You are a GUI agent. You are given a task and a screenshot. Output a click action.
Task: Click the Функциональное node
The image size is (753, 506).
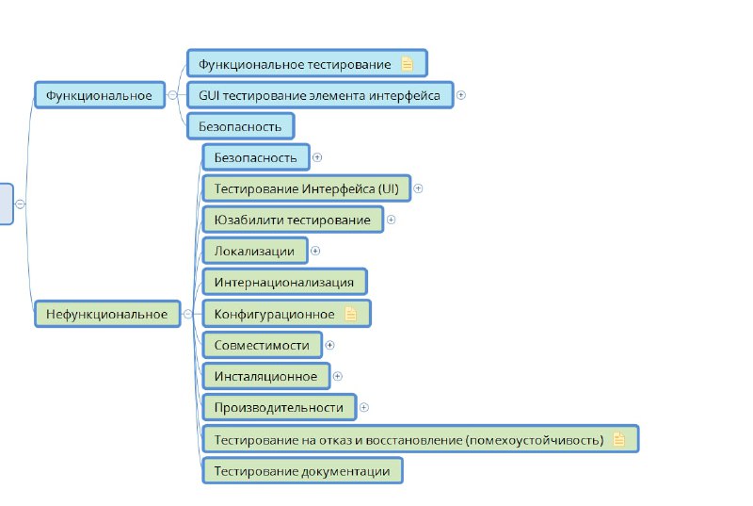[100, 95]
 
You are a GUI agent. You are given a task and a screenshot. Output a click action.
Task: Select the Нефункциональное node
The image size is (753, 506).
[107, 314]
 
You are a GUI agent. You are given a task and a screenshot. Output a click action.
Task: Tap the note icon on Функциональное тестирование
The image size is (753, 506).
[407, 64]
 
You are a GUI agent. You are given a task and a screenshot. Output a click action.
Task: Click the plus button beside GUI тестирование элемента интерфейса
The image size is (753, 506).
[460, 95]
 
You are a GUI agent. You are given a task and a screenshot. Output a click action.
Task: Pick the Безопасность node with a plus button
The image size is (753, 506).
[256, 157]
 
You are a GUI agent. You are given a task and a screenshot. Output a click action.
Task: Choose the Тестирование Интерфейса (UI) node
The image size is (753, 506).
[307, 188]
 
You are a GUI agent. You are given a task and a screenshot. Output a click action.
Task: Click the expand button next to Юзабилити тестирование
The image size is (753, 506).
[391, 220]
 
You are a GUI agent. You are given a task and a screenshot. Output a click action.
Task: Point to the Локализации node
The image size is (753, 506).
[255, 251]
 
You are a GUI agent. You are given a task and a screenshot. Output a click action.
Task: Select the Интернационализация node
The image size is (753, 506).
[285, 282]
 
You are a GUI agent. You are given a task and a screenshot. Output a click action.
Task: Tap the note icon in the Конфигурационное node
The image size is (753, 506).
[350, 314]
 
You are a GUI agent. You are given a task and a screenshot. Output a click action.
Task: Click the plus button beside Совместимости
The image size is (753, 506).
[329, 345]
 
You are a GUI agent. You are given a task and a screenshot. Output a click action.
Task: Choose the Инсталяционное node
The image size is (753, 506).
[266, 376]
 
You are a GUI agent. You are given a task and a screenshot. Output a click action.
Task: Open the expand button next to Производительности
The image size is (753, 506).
[364, 407]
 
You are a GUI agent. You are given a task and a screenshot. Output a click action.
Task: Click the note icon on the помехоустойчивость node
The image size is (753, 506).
[618, 439]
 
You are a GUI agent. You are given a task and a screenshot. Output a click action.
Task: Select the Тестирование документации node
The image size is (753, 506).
[302, 471]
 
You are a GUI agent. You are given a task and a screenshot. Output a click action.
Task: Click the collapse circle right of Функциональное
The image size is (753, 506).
[172, 95]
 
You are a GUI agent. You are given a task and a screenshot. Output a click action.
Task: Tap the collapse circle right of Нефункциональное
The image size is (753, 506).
[187, 314]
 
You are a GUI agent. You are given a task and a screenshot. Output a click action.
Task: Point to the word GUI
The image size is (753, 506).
[209, 95]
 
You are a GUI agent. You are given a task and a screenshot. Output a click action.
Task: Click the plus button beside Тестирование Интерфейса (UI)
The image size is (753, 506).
[418, 188]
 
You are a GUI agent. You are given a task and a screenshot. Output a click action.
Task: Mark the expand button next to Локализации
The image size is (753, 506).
[315, 251]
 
